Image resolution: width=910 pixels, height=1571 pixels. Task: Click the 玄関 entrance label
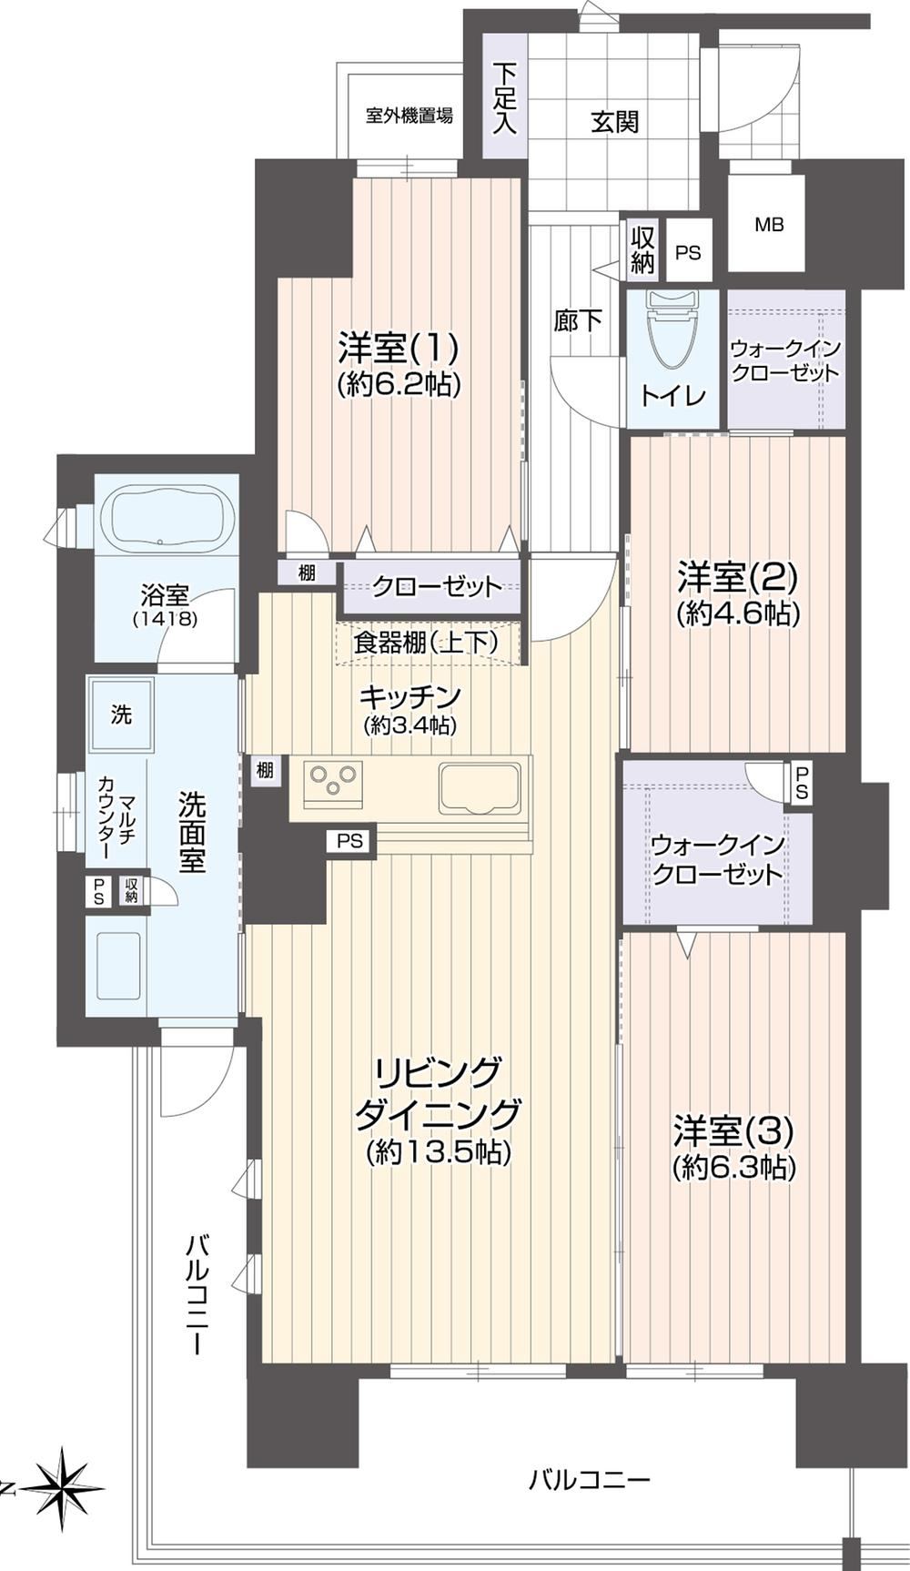(x=614, y=121)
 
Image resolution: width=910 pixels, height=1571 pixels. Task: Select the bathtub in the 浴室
(x=165, y=520)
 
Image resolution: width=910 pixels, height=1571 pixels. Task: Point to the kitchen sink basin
(x=480, y=787)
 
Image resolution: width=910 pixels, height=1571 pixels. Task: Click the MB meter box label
(x=769, y=224)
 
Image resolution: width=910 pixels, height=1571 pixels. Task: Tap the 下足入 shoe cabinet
(x=504, y=96)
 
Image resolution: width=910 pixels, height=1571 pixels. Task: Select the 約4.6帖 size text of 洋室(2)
(x=738, y=613)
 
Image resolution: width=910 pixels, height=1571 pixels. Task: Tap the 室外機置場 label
(x=409, y=117)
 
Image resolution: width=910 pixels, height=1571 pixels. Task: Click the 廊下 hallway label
(x=578, y=320)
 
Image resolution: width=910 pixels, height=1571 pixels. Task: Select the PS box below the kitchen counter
(x=349, y=841)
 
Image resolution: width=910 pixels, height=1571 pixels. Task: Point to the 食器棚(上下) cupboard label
(x=426, y=642)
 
